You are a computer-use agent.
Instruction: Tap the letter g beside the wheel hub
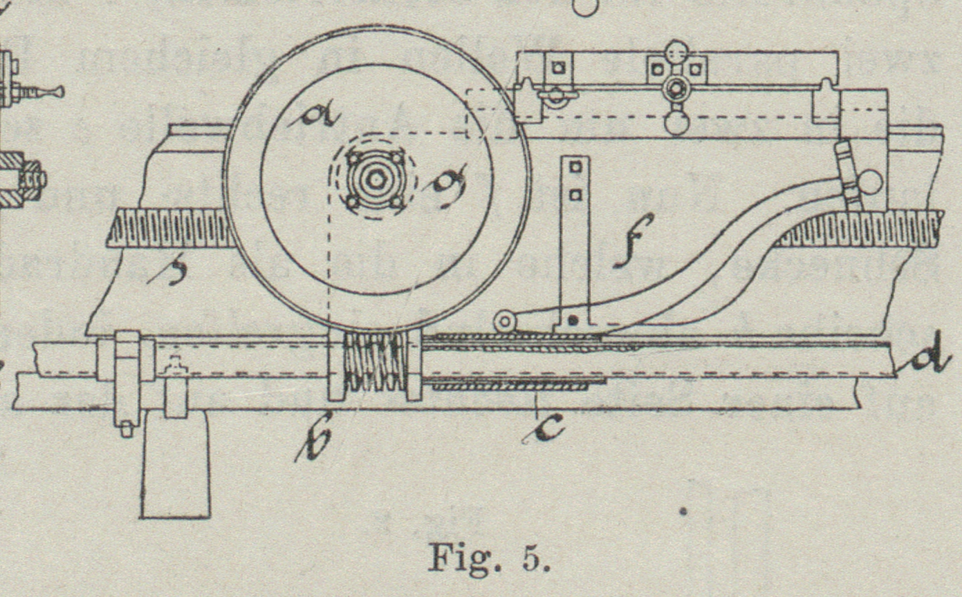coord(447,180)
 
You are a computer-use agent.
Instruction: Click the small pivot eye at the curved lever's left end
coord(505,321)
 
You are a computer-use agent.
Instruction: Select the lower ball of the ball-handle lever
coord(676,124)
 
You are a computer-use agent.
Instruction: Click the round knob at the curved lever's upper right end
coord(870,182)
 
